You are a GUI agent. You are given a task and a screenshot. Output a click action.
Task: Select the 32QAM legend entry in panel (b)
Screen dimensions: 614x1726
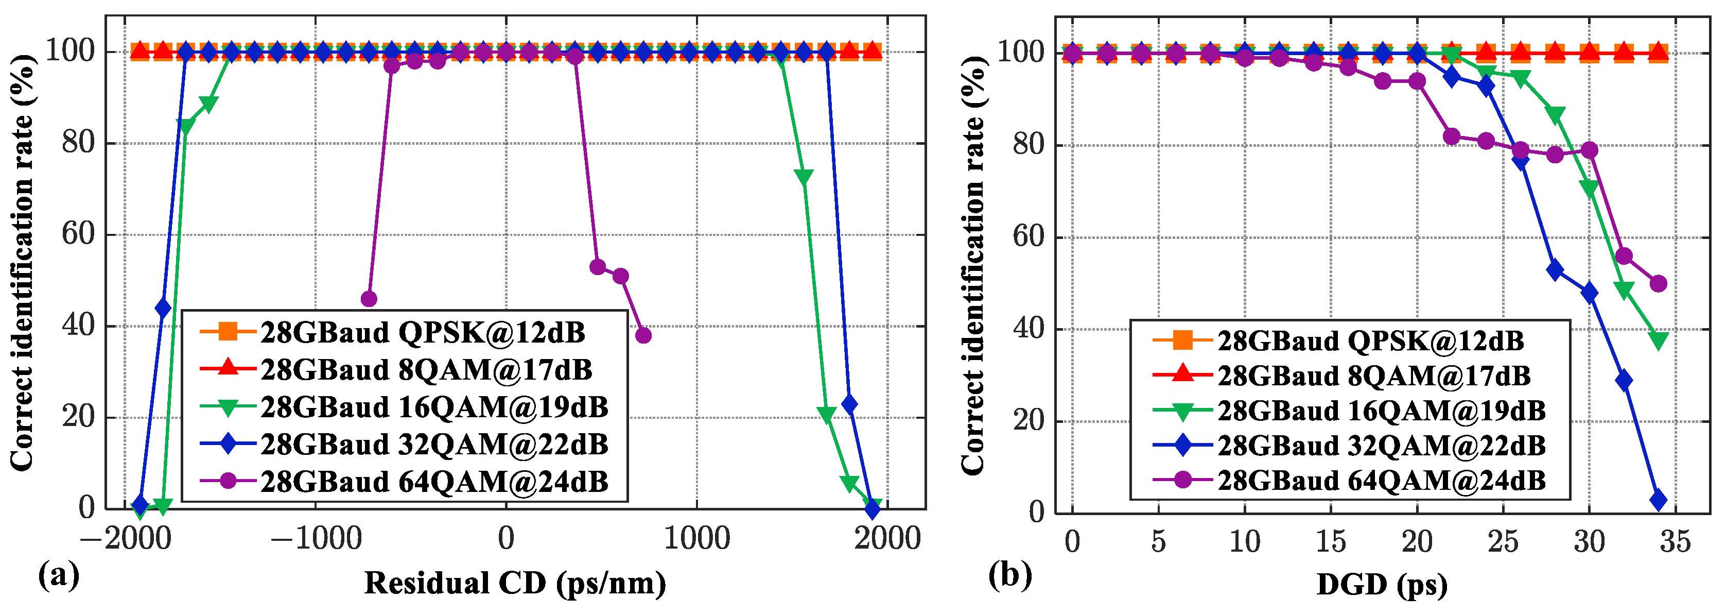[x=1382, y=446]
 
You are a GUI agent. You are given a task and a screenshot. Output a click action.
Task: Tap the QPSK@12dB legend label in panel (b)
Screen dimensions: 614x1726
[x=1370, y=341]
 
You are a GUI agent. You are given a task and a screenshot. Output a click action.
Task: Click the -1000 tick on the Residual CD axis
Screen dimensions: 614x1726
[x=315, y=538]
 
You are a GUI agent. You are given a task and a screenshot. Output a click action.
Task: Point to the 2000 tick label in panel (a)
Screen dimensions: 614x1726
[x=887, y=538]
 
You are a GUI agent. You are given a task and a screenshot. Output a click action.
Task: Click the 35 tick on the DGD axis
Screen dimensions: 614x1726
[x=1675, y=541]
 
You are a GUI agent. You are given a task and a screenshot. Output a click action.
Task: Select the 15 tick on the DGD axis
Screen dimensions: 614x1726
[x=1331, y=541]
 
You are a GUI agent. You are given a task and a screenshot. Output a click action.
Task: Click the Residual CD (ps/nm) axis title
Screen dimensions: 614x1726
[x=515, y=583]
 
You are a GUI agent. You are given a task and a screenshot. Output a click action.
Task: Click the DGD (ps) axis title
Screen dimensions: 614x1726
[x=1382, y=585]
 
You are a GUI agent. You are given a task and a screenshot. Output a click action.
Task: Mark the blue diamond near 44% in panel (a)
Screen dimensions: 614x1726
[x=163, y=309]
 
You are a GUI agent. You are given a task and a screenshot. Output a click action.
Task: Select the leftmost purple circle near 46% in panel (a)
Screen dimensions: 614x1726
[x=369, y=299]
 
